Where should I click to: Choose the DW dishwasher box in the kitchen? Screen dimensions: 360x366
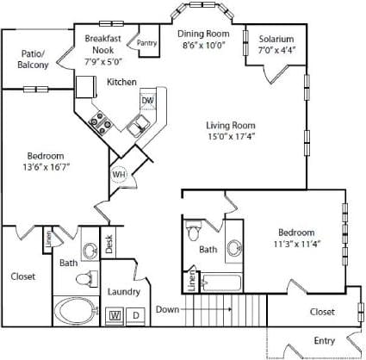pos(147,101)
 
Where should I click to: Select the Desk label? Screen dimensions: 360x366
pos(109,245)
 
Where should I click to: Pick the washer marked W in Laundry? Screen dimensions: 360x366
pos(115,316)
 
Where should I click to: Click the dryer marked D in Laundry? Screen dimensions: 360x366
pos(134,316)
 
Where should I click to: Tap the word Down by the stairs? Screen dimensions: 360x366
pos(169,308)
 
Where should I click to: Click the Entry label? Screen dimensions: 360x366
pos(324,341)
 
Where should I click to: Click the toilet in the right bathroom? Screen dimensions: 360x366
pos(194,233)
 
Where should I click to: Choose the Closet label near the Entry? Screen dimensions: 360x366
pos(321,312)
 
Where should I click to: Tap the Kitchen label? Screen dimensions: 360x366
pos(121,83)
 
